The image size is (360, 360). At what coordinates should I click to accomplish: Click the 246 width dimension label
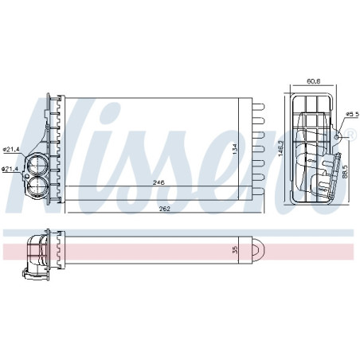(159, 183)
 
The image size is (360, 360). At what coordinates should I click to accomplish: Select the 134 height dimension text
(234, 148)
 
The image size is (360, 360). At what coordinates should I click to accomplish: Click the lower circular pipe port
(37, 184)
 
